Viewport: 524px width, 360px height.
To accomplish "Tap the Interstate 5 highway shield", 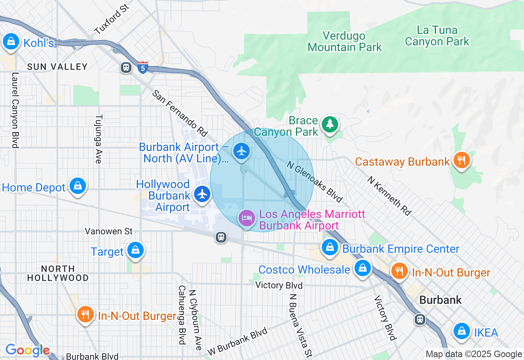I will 142,67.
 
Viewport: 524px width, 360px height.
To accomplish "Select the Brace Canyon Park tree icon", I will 330,124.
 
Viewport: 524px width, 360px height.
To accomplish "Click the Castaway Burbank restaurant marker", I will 461,160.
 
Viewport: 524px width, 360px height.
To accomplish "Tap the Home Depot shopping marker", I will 77,186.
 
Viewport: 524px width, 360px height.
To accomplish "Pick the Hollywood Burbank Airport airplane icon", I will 202,194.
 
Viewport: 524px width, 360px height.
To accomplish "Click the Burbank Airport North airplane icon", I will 242,151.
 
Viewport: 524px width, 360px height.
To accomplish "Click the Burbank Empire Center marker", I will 330,247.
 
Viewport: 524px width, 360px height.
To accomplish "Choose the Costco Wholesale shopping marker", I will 362,268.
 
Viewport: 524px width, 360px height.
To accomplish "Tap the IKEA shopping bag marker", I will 462,331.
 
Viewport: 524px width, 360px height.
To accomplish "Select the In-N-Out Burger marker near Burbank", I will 399,271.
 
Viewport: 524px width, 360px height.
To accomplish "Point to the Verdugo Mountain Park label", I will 344,42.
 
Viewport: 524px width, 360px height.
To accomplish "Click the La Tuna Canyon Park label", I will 437,36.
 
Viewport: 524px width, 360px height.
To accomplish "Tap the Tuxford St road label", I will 111,19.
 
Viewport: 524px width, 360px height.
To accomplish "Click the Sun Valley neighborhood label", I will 57,67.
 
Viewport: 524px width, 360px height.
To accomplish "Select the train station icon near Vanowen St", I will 221,237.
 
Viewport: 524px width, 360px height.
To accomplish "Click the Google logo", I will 27,350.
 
